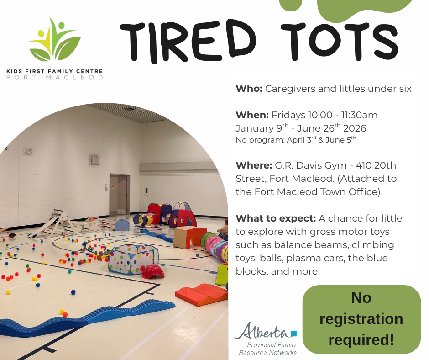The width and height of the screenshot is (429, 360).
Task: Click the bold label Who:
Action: pyautogui.click(x=249, y=89)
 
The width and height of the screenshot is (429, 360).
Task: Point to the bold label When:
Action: pyautogui.click(x=252, y=115)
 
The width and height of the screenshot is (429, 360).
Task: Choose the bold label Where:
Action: pyautogui.click(x=254, y=165)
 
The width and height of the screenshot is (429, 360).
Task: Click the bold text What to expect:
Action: pyautogui.click(x=276, y=219)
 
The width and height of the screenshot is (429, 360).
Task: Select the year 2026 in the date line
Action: pyautogui.click(x=355, y=128)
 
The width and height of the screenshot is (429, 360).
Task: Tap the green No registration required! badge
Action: pyautogui.click(x=361, y=319)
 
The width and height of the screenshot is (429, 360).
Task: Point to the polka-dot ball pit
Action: pyautogui.click(x=133, y=259)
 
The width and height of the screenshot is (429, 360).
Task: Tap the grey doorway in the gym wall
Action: pyautogui.click(x=119, y=195)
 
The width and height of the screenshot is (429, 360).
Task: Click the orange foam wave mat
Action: pyautogui.click(x=201, y=295)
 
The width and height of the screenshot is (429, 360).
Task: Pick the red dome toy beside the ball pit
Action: pyautogui.click(x=153, y=271)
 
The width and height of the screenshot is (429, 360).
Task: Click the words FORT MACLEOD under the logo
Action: pyautogui.click(x=55, y=78)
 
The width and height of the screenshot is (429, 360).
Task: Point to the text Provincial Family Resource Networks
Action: pyautogui.click(x=268, y=349)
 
